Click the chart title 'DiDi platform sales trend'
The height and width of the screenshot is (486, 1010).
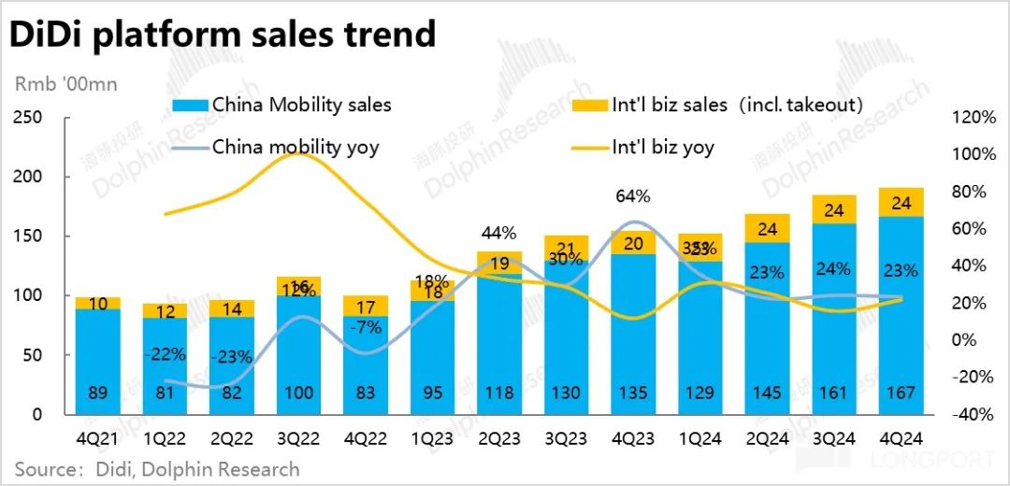click(223, 35)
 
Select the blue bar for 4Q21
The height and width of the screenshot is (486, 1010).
click(98, 360)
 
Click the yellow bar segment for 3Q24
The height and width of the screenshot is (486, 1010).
click(833, 209)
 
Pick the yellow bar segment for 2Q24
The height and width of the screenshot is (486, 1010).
click(767, 228)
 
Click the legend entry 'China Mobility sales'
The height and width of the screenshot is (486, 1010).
click(301, 104)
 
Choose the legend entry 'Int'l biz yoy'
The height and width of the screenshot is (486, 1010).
click(663, 147)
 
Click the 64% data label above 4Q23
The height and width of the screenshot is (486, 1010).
click(633, 196)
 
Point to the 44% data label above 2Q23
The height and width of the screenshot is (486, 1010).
click(499, 233)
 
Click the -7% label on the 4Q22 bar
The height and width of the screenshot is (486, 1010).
click(366, 327)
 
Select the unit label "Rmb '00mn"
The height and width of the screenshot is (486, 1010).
click(65, 84)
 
